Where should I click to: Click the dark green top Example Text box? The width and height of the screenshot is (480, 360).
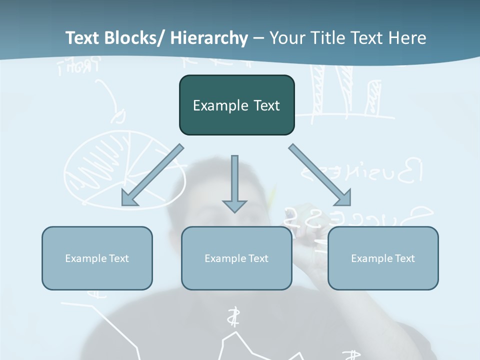point(236,105)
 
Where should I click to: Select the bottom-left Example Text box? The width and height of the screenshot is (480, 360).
point(97,258)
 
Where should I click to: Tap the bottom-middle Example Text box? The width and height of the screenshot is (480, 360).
point(236,258)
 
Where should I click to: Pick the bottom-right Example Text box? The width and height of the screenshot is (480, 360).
point(383,258)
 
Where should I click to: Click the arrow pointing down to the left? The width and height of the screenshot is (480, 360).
point(152,175)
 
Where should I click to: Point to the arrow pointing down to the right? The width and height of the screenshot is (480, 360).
point(320,175)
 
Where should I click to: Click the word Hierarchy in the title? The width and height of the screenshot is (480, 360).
point(208,38)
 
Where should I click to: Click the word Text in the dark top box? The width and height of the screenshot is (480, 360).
point(266,105)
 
